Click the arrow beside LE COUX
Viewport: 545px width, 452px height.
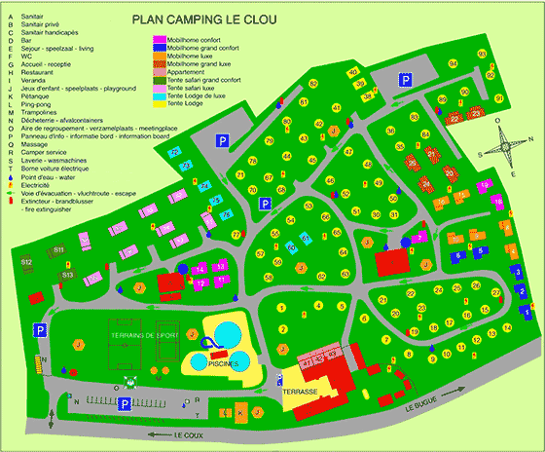click(153, 434)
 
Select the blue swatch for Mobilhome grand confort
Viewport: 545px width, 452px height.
click(159, 51)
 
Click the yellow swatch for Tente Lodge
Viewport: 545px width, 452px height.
click(159, 104)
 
